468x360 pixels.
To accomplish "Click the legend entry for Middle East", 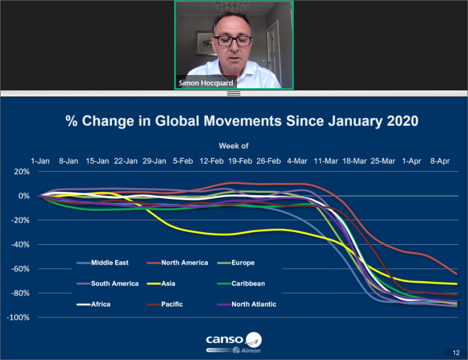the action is (x=103, y=262).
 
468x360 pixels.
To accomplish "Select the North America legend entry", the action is (x=177, y=262).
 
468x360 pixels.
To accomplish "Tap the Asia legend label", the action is (x=161, y=283).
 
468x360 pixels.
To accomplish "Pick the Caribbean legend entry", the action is (x=241, y=283).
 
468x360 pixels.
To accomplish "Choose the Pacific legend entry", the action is (x=165, y=304).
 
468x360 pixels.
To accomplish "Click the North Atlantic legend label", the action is (x=247, y=304).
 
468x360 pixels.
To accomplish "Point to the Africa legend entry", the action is (x=93, y=304).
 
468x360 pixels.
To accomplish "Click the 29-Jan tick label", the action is (x=154, y=161).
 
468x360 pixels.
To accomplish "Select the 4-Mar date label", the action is (x=297, y=161).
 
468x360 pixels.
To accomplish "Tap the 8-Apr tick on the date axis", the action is (x=440, y=161).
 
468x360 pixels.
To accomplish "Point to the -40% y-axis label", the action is (x=20, y=244).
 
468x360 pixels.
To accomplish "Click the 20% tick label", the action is (x=22, y=171).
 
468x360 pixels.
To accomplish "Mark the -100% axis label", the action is (x=18, y=318).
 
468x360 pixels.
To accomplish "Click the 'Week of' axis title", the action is (x=234, y=146).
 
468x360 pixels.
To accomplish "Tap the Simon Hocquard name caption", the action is (x=206, y=83).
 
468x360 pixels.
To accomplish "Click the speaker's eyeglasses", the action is (x=233, y=41).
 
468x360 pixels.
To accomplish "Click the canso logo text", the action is (x=224, y=340).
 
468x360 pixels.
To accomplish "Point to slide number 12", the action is (x=456, y=353).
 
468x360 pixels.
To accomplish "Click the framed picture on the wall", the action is (x=206, y=44).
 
